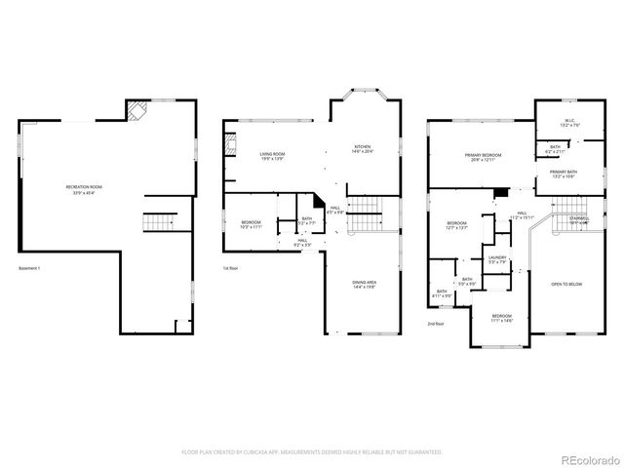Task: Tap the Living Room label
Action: tap(272, 156)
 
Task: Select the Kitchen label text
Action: tap(362, 149)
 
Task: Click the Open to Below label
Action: tap(566, 284)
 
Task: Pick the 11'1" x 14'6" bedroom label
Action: tap(501, 319)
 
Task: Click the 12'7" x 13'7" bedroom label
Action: tap(457, 226)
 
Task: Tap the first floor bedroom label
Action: tap(251, 225)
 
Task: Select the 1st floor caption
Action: tap(230, 268)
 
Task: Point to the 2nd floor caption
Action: tap(435, 323)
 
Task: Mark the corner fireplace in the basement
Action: tap(137, 111)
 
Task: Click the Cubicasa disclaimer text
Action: tap(311, 452)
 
